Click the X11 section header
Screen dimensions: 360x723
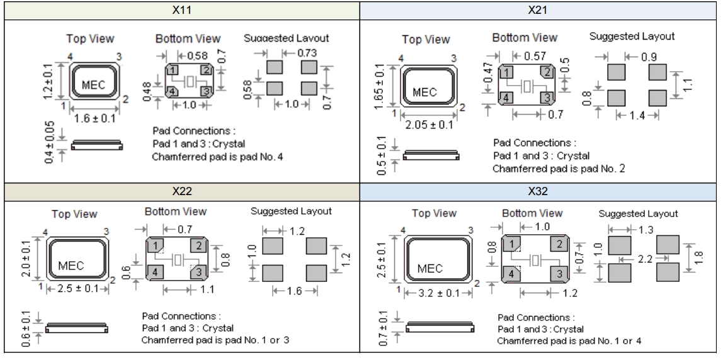coord(182,11)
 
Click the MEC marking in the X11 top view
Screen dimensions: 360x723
coord(94,82)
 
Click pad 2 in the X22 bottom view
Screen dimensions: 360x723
coord(199,245)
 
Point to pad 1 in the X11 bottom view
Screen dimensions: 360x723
coord(173,69)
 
